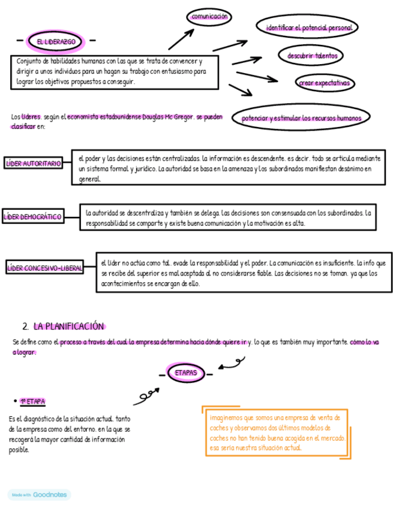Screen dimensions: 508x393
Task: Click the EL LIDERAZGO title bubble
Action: [x=56, y=41]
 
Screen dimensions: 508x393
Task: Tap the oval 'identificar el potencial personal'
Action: [x=308, y=28]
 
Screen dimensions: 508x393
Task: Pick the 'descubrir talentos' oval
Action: [x=311, y=56]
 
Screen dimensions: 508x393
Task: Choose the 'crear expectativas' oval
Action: [x=324, y=83]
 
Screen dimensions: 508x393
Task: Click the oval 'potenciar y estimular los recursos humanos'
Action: [x=301, y=118]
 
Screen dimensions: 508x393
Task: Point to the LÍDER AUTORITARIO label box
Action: [x=34, y=163]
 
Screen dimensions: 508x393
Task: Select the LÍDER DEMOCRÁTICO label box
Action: [x=32, y=217]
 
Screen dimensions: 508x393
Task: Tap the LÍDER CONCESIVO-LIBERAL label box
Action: [x=44, y=268]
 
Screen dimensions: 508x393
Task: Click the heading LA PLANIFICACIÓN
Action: [x=69, y=326]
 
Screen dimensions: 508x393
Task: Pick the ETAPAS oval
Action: [x=185, y=373]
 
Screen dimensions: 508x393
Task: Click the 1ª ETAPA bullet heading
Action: [x=33, y=401]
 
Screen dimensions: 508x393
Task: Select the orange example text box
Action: [x=275, y=433]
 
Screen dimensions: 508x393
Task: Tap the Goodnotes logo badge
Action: [x=40, y=495]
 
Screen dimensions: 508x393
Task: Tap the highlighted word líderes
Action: [x=31, y=117]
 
